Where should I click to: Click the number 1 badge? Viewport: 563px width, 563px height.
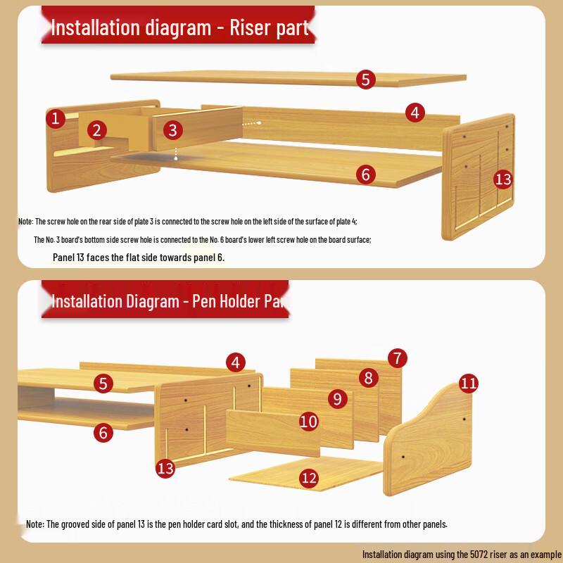(x=56, y=118)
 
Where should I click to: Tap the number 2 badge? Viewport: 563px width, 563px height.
(x=96, y=130)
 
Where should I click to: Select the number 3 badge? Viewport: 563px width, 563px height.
(x=172, y=130)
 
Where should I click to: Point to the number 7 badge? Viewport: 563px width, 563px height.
(x=398, y=358)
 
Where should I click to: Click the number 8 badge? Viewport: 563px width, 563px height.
(x=368, y=378)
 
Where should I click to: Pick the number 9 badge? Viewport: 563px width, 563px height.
(x=338, y=399)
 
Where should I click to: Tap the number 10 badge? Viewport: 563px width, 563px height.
(x=309, y=422)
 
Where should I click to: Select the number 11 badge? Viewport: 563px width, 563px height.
(x=469, y=384)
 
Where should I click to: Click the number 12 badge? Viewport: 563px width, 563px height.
(x=309, y=479)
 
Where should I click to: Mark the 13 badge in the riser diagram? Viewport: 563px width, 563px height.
(x=503, y=179)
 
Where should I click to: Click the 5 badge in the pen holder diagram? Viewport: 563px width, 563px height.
(x=103, y=384)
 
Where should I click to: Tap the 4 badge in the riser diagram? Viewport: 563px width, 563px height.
(x=415, y=113)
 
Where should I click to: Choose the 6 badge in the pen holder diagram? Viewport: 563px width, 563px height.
(x=103, y=433)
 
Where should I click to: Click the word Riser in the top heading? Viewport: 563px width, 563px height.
(x=251, y=27)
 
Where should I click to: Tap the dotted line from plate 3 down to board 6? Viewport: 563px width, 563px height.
(x=176, y=153)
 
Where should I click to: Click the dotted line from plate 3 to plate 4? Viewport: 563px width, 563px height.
(x=252, y=123)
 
